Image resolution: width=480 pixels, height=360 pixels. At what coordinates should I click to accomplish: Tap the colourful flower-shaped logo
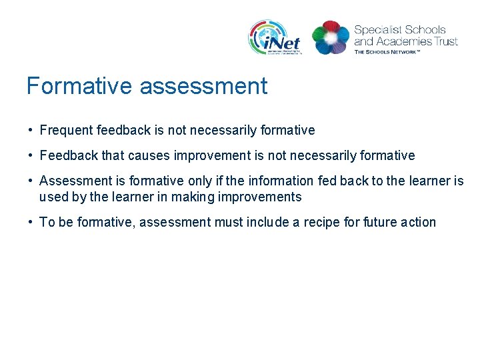click(x=331, y=37)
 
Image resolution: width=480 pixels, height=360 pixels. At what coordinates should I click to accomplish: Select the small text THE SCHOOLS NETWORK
click(x=387, y=52)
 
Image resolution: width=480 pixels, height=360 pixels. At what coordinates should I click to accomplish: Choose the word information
click(x=279, y=181)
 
